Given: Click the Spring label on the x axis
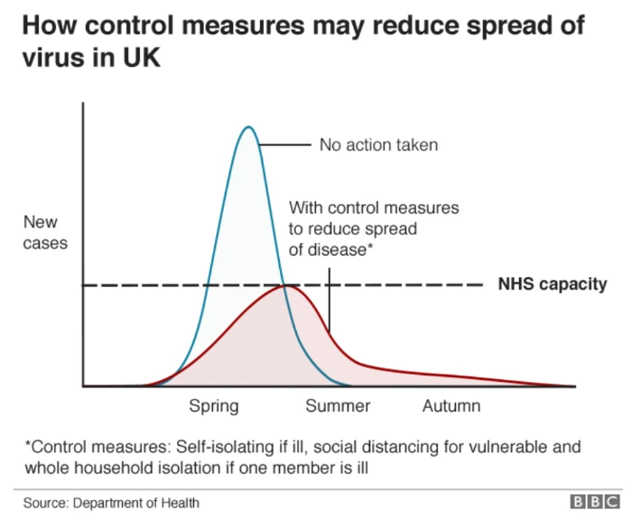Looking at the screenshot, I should point(214,406).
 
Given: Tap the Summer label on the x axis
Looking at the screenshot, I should point(338,406).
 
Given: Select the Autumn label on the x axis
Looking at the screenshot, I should point(451,406).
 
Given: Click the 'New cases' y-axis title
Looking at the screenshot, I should point(45,232).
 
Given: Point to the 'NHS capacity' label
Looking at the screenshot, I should point(553,284).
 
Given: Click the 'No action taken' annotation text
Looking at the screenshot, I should point(378,144).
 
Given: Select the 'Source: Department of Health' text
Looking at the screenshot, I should point(111,503).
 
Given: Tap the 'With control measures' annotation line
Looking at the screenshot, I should point(374,208).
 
